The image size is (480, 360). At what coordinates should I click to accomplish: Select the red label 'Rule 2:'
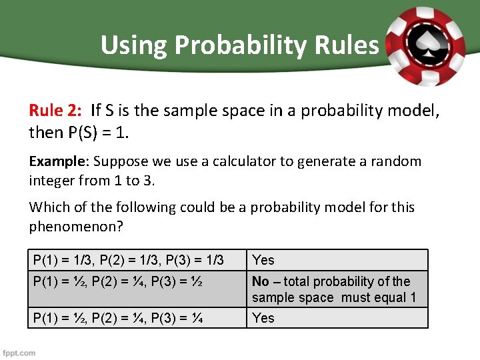(55, 110)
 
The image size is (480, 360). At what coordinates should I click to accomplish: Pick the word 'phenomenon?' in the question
(76, 227)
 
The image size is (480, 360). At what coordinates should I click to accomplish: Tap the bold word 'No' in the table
(261, 281)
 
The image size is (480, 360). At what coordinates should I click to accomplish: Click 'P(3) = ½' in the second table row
(179, 281)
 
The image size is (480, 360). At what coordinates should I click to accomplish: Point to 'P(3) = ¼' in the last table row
(179, 318)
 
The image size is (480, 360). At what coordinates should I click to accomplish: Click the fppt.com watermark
(19, 352)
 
